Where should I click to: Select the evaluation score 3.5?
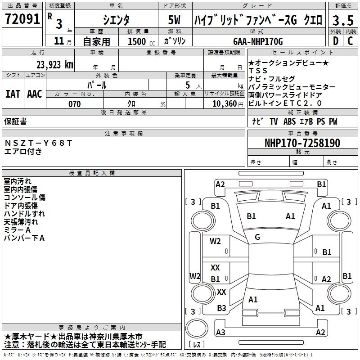(342, 20)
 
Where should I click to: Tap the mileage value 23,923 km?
(55, 64)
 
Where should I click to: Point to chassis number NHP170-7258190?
(302, 143)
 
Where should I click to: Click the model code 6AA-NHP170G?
(258, 41)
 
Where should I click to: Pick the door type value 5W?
(175, 20)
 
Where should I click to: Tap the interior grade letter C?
(350, 40)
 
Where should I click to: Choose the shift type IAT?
(13, 94)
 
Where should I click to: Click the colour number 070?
(74, 104)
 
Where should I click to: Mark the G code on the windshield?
(257, 237)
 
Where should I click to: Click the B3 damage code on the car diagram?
(221, 308)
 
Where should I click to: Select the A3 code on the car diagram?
(220, 332)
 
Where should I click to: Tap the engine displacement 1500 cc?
(141, 41)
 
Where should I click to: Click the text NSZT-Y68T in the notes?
(38, 143)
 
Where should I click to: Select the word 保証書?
(15, 121)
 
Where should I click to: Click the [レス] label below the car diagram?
(198, 345)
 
